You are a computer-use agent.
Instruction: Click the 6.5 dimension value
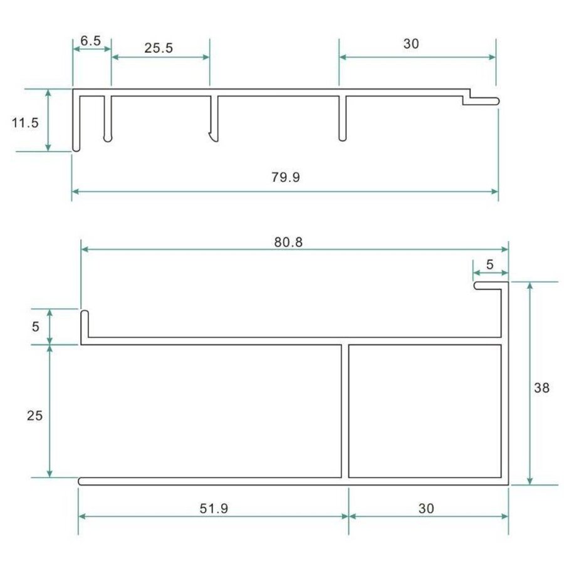91,41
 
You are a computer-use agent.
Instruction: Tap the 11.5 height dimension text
25,122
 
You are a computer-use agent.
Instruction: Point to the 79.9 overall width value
286,177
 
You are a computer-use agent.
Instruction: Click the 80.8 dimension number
289,241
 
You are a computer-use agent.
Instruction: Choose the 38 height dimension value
541,388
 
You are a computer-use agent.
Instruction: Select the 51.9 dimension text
212,508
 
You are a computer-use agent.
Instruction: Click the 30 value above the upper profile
410,44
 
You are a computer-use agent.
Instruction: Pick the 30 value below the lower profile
426,508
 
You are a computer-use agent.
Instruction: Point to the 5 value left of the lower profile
35,326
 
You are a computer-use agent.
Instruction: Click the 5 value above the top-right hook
489,264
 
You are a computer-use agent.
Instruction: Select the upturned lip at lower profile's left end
84,323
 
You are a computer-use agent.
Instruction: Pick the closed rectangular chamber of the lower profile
424,410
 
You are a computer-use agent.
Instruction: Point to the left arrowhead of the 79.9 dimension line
76,191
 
